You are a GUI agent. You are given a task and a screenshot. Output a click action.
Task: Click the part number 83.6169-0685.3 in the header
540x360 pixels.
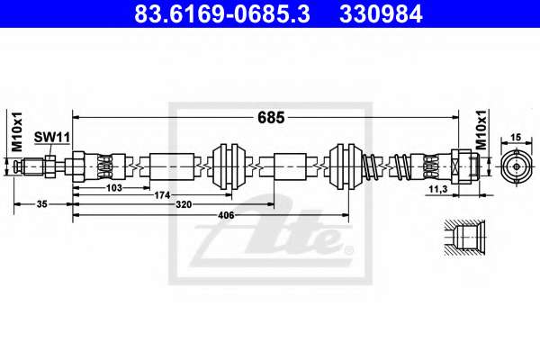pyautogui.click(x=222, y=14)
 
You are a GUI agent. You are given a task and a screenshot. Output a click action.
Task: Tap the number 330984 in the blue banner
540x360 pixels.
pyautogui.click(x=381, y=14)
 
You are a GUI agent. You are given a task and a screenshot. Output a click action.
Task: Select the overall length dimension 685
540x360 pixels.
pyautogui.click(x=271, y=118)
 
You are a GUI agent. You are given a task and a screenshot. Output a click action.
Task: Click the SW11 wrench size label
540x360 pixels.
pyautogui.click(x=52, y=137)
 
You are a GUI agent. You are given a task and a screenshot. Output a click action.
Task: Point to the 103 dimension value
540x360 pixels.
pyautogui.click(x=114, y=188)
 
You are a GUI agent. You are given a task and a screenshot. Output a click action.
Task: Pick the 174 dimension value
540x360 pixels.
pyautogui.click(x=162, y=195)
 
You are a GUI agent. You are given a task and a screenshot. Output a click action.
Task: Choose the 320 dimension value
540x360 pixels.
pyautogui.click(x=184, y=204)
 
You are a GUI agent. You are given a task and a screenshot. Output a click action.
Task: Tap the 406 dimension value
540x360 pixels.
pyautogui.click(x=226, y=215)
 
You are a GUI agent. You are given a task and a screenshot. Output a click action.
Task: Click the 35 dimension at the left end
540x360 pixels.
pyautogui.click(x=41, y=204)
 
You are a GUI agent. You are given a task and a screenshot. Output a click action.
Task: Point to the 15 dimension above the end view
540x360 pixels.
pyautogui.click(x=516, y=138)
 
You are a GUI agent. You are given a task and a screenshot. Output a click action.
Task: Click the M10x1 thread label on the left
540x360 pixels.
pyautogui.click(x=17, y=131)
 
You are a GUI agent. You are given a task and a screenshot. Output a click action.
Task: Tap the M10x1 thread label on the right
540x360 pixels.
pyautogui.click(x=481, y=130)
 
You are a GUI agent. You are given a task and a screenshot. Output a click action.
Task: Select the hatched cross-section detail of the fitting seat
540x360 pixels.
pyautogui.click(x=464, y=238)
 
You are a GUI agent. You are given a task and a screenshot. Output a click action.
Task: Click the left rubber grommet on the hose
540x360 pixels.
pyautogui.click(x=229, y=166)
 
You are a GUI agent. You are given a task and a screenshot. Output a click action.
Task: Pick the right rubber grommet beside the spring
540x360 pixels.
pyautogui.click(x=346, y=166)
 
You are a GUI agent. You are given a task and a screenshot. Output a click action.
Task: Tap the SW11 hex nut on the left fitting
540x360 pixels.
pyautogui.click(x=50, y=166)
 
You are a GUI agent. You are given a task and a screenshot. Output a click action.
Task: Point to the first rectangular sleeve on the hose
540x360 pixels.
pyautogui.click(x=172, y=166)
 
